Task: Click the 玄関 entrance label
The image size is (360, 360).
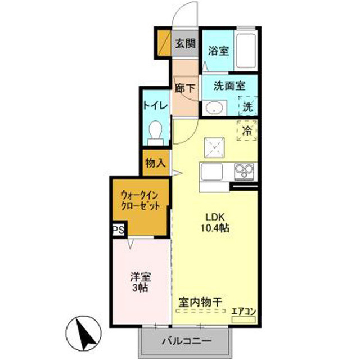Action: point(185,43)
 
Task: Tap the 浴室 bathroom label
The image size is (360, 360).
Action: point(219,51)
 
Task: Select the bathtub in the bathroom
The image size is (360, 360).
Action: point(246,51)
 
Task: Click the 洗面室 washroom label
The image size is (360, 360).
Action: point(229,86)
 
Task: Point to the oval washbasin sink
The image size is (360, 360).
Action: point(214,107)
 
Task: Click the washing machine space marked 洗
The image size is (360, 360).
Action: point(248,106)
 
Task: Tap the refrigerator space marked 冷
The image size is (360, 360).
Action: point(247,130)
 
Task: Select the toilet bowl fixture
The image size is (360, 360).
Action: point(155,133)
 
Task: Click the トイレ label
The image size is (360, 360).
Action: point(156,106)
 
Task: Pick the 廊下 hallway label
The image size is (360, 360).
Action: point(185,88)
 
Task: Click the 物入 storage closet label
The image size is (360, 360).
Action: point(155,163)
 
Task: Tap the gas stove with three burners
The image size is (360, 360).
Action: point(244,172)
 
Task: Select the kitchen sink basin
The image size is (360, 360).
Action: point(211,172)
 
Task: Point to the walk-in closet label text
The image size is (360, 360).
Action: point(140,201)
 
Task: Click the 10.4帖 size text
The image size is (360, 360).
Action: point(215,228)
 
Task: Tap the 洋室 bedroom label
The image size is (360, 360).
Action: point(141,277)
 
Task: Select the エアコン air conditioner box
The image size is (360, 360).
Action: point(244,319)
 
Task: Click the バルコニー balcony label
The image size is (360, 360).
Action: point(186,341)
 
